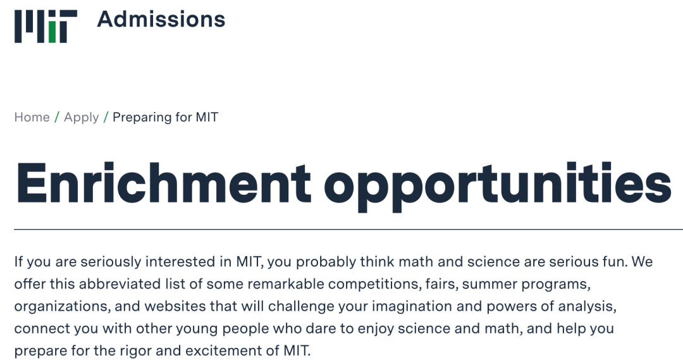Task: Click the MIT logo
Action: (x=46, y=27)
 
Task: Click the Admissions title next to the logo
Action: (x=161, y=20)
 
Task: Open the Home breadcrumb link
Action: (x=32, y=117)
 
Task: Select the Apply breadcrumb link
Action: (x=82, y=118)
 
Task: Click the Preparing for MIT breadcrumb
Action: (x=166, y=118)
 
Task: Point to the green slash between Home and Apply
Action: (x=57, y=117)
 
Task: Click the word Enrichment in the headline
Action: (x=164, y=183)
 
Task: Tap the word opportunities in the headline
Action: (x=498, y=187)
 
